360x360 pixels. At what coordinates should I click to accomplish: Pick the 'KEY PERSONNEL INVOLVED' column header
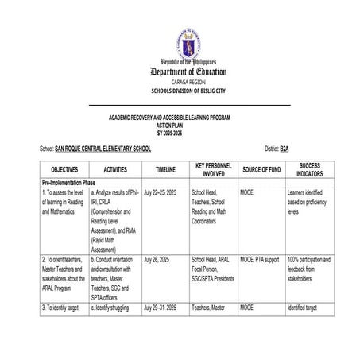(213, 169)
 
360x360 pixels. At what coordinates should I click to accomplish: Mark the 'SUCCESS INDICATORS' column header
(310, 169)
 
